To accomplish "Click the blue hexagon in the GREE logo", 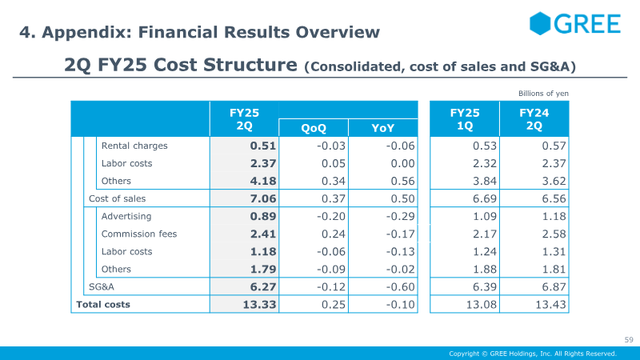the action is [x=540, y=23].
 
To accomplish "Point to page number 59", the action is [x=629, y=339].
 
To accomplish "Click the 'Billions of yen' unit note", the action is [x=543, y=94].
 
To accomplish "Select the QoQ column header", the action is [x=314, y=128].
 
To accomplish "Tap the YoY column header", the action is [x=383, y=128].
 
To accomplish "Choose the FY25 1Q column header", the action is [x=465, y=119].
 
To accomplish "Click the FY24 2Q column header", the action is [x=534, y=119].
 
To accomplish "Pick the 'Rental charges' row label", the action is [x=134, y=146].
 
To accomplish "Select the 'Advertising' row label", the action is [x=126, y=216].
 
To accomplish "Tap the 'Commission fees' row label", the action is [x=139, y=234].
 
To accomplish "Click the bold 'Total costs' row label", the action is [x=103, y=305].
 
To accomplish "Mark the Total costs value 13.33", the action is [x=259, y=305].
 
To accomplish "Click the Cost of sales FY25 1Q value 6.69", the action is [x=485, y=198].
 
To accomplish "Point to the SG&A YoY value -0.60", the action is [x=401, y=287].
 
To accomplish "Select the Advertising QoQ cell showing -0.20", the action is [x=331, y=216].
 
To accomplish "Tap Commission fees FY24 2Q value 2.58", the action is [x=554, y=234].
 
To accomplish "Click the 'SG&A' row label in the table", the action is [x=102, y=287].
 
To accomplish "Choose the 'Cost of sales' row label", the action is [x=117, y=198].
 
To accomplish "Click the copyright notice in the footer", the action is [x=533, y=354].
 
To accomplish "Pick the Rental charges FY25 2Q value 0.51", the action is [x=263, y=146].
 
